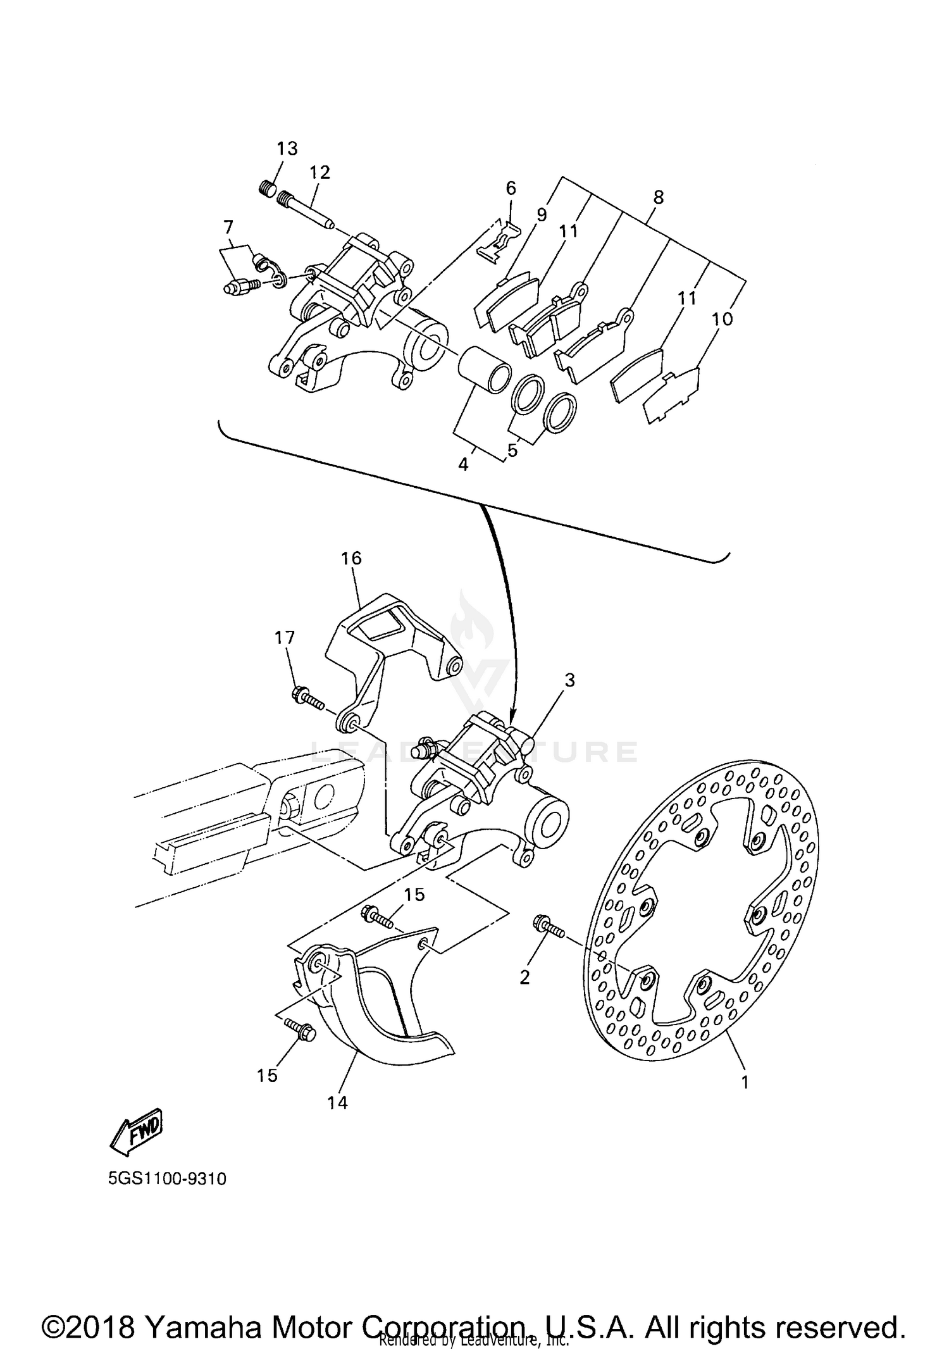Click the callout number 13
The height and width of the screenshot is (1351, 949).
tap(287, 149)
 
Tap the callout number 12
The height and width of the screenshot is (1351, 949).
tap(319, 172)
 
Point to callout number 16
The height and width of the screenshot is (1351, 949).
tap(351, 558)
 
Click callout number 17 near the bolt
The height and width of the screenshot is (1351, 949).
tap(285, 637)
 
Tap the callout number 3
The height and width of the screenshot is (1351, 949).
tap(569, 680)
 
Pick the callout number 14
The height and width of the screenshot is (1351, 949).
tap(337, 1103)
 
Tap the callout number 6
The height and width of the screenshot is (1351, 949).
tap(511, 188)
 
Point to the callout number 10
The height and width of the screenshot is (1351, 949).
tap(722, 318)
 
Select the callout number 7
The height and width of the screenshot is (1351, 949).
tap(228, 227)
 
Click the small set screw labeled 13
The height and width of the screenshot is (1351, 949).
tap(268, 188)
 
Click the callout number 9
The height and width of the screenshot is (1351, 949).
tap(541, 215)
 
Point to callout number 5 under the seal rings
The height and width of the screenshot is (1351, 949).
tap(512, 450)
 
